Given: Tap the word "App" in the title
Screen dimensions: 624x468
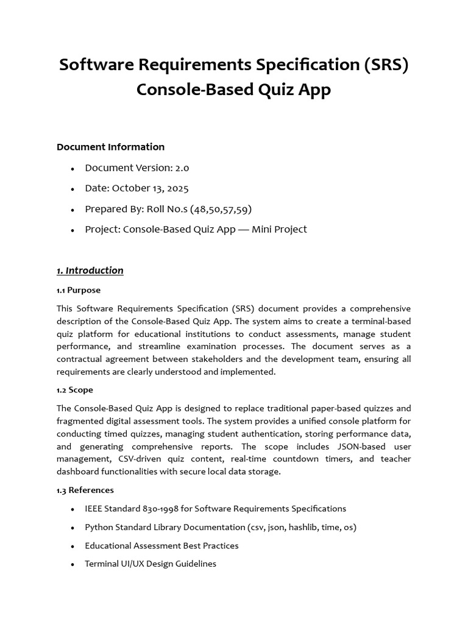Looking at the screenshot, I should point(313,90).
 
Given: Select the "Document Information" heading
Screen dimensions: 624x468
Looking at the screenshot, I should point(110,147).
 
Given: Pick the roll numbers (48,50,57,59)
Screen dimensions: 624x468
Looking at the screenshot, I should point(221,209).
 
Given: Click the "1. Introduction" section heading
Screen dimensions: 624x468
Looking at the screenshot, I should point(90,271).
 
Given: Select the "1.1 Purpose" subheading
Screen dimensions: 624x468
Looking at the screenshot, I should point(79,290).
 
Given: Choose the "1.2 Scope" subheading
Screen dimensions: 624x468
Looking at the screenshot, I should point(75,390).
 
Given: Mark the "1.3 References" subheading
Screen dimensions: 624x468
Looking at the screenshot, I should point(85,490).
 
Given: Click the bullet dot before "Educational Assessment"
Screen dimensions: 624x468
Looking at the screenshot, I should point(73,546).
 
